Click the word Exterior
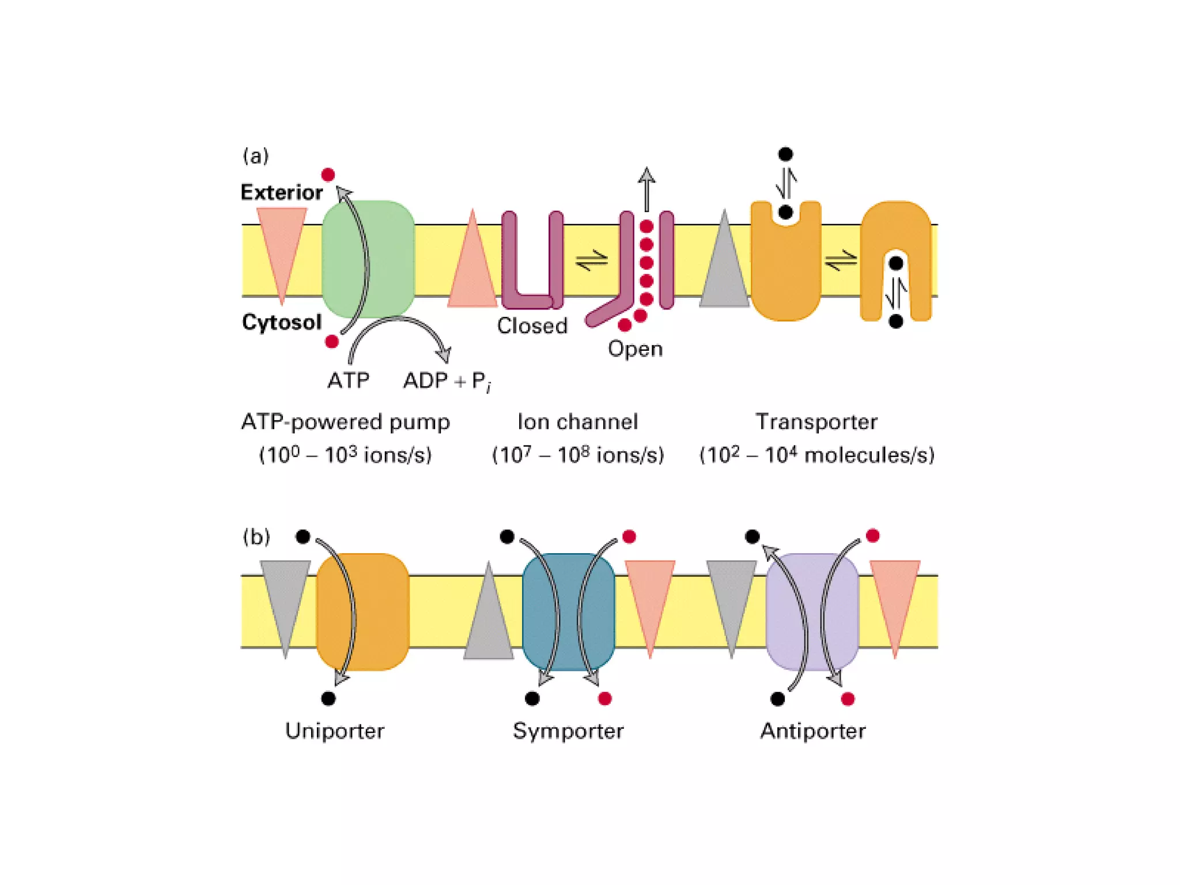pos(281,192)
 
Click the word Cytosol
pos(281,322)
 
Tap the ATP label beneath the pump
pos(348,380)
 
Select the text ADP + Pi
pos(447,381)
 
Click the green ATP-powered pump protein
pos(392,259)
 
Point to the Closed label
pos(532,326)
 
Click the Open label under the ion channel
pos(635,349)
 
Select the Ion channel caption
pos(577,422)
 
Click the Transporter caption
pos(816,422)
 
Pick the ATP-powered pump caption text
pos(345,422)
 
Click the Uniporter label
pos(335,731)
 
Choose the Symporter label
pos(568,731)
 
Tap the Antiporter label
pos(812,731)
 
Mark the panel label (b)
pos(256,537)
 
